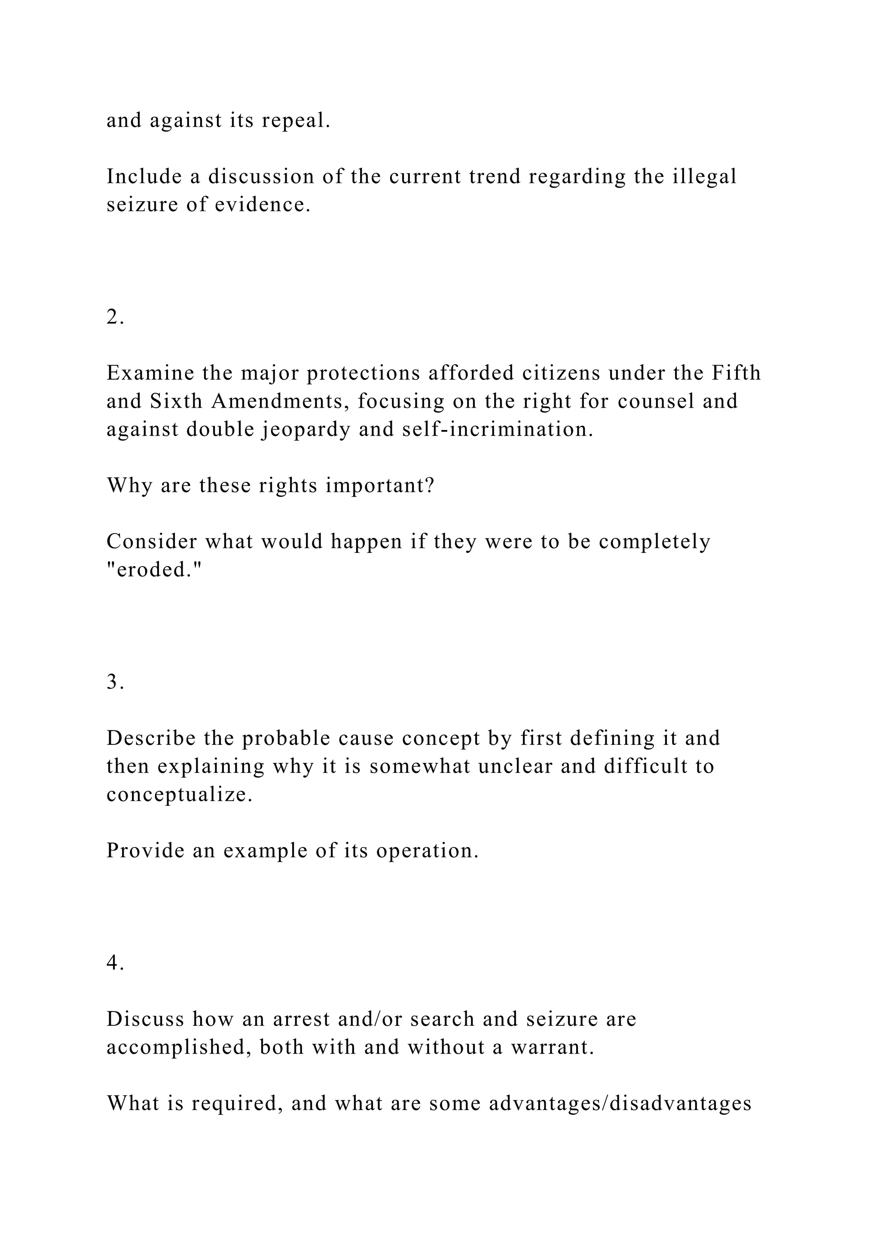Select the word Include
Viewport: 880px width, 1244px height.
pos(144,177)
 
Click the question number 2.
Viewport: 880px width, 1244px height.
pos(115,317)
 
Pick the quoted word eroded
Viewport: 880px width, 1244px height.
pos(154,570)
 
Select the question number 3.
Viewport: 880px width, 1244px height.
pos(115,682)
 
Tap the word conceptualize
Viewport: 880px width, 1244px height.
pos(179,795)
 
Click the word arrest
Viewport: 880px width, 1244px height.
pos(301,1019)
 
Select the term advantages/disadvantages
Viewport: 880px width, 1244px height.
pos(620,1103)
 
